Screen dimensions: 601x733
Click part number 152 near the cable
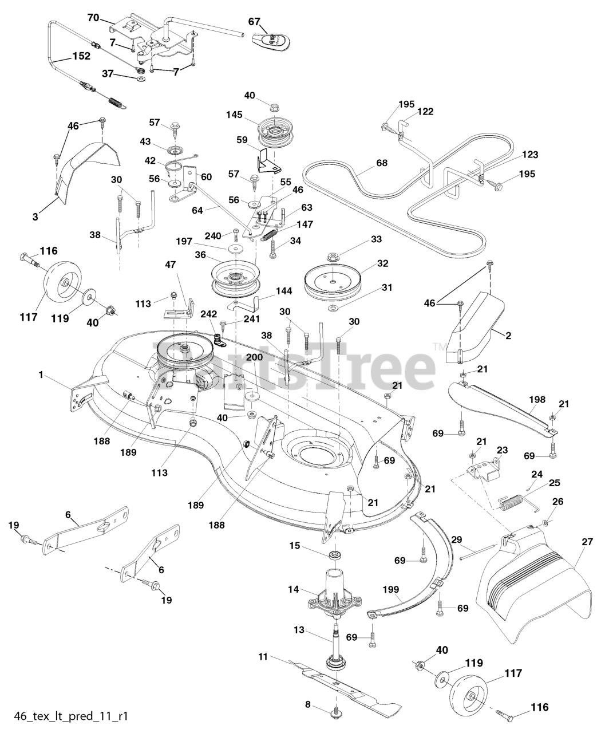81,57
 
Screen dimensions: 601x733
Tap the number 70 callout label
93,18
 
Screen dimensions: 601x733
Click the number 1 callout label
41,375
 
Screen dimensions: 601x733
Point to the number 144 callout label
283,291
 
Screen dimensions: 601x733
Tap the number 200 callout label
255,357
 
